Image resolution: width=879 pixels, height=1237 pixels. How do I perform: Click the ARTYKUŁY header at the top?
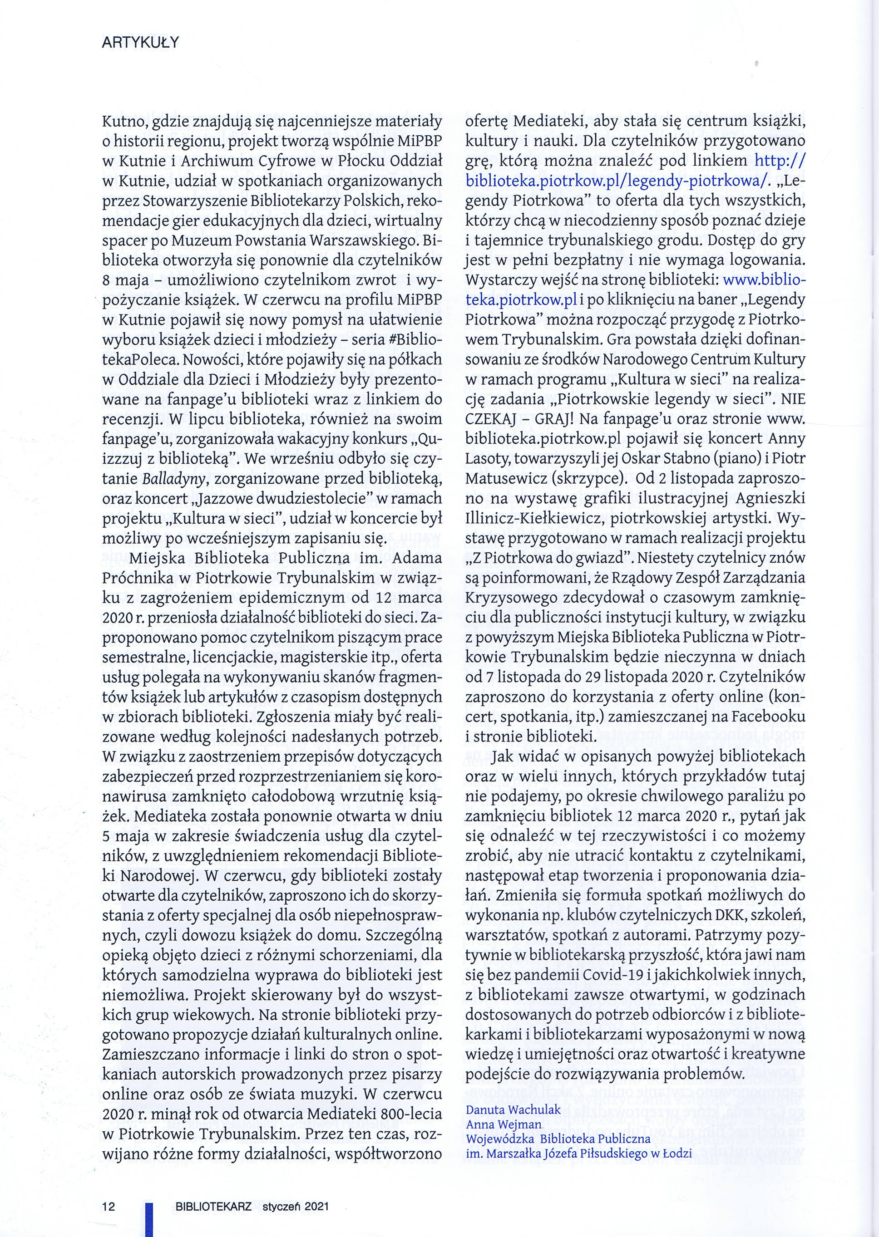click(x=140, y=43)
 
